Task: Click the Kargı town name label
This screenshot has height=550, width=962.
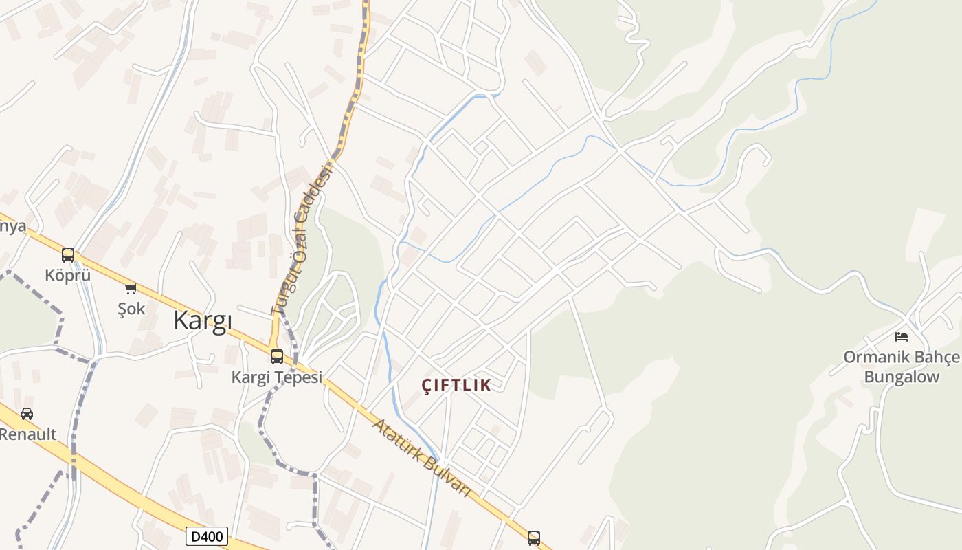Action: [203, 320]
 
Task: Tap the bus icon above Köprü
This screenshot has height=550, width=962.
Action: [67, 255]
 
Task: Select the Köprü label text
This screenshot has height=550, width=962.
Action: [67, 275]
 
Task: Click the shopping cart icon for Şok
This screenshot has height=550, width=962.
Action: [131, 288]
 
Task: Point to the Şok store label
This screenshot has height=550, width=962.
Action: [131, 308]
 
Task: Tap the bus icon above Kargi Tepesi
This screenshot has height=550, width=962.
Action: [277, 356]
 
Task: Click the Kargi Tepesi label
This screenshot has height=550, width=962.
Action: [276, 377]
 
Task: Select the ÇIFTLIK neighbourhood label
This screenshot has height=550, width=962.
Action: [457, 385]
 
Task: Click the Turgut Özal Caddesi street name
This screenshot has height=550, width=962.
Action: [302, 241]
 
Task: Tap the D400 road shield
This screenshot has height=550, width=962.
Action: [206, 536]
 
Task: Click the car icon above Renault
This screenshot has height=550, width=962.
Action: [27, 413]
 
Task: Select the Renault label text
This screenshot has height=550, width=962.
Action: [27, 434]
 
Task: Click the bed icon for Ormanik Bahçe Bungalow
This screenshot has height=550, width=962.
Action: [902, 336]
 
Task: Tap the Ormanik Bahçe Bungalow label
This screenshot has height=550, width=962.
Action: [902, 366]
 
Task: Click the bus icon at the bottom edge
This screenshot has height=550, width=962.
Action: [534, 538]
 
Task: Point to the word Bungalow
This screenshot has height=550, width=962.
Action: [902, 377]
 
